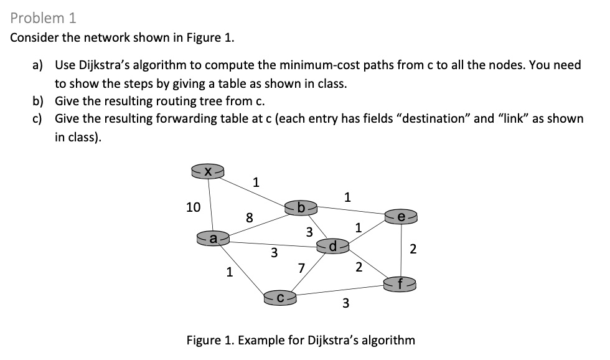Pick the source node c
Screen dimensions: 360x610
280,298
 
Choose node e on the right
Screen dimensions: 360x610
402,216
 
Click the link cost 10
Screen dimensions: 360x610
194,207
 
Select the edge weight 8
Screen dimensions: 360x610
249,217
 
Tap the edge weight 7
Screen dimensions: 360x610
301,269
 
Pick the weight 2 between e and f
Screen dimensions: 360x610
412,250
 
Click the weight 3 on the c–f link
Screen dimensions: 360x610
346,304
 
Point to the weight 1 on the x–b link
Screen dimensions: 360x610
255,182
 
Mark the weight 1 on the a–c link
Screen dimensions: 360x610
230,272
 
